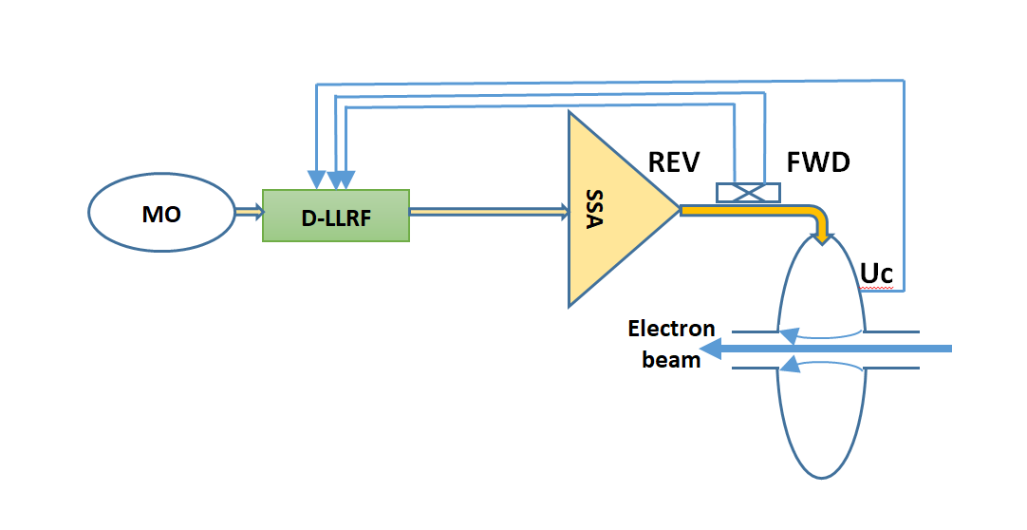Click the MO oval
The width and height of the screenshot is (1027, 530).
[x=161, y=214]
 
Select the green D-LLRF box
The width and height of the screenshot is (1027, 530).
[x=336, y=215]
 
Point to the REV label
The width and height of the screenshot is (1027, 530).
[x=674, y=162]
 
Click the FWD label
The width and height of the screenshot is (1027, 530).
[x=818, y=162]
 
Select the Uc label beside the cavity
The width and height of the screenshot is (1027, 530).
[x=876, y=273]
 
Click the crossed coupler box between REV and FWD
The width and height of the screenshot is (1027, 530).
[x=748, y=192]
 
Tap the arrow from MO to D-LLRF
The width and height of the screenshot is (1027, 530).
[x=249, y=214]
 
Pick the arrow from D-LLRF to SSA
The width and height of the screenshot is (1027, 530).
[x=489, y=214]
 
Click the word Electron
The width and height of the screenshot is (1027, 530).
[x=671, y=330]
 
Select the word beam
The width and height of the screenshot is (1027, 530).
[x=671, y=359]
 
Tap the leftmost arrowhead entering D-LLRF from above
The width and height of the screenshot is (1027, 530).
[x=314, y=180]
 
